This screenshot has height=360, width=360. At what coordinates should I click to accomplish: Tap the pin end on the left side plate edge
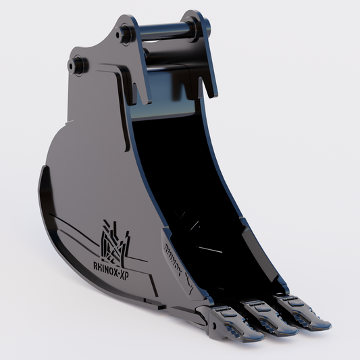pyautogui.click(x=77, y=65)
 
